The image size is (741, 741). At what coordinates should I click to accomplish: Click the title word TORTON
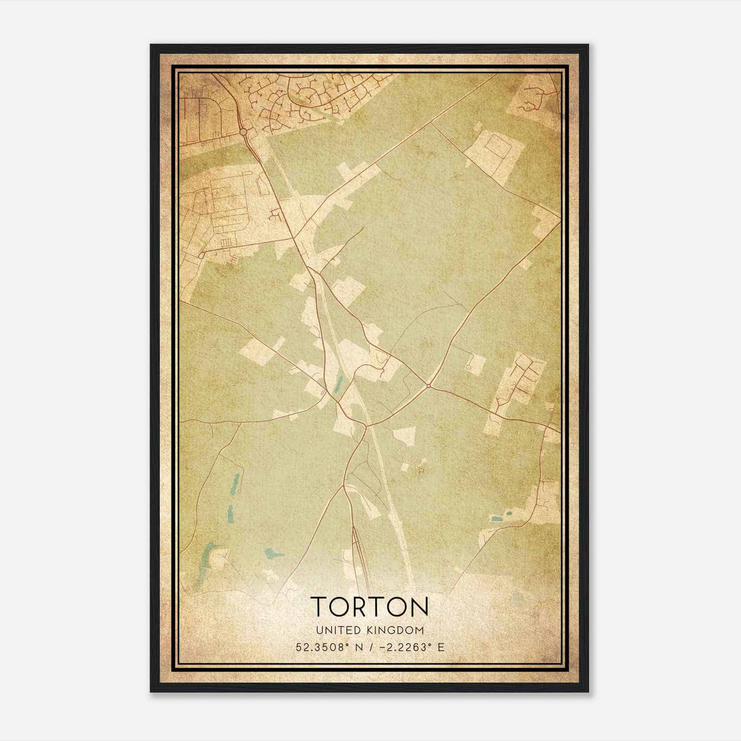coord(370,607)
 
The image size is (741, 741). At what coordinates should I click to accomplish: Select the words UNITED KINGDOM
coord(370,630)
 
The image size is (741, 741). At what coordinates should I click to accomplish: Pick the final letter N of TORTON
coord(419,607)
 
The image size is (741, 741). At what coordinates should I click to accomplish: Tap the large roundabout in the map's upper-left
coord(244,132)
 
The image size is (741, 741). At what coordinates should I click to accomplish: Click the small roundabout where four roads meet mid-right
coord(429,385)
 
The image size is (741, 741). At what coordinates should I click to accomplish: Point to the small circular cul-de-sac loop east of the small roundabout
coord(469,367)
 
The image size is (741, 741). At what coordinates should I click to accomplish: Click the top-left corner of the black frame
coord(151,45)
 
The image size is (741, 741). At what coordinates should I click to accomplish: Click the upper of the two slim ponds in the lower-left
coord(236,483)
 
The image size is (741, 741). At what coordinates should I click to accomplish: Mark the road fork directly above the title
coord(344,486)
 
